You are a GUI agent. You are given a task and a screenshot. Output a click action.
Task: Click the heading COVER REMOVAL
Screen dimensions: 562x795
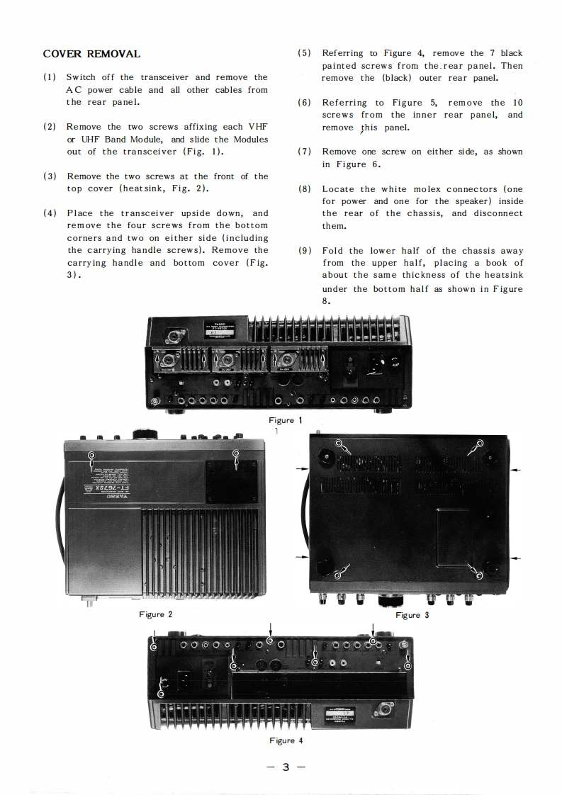91,54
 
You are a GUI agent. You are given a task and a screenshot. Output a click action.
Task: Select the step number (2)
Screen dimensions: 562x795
50,127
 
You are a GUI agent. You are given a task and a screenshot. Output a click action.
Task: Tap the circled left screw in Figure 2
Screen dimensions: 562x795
91,455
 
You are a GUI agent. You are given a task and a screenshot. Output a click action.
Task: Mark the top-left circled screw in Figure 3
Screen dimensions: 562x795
338,444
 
